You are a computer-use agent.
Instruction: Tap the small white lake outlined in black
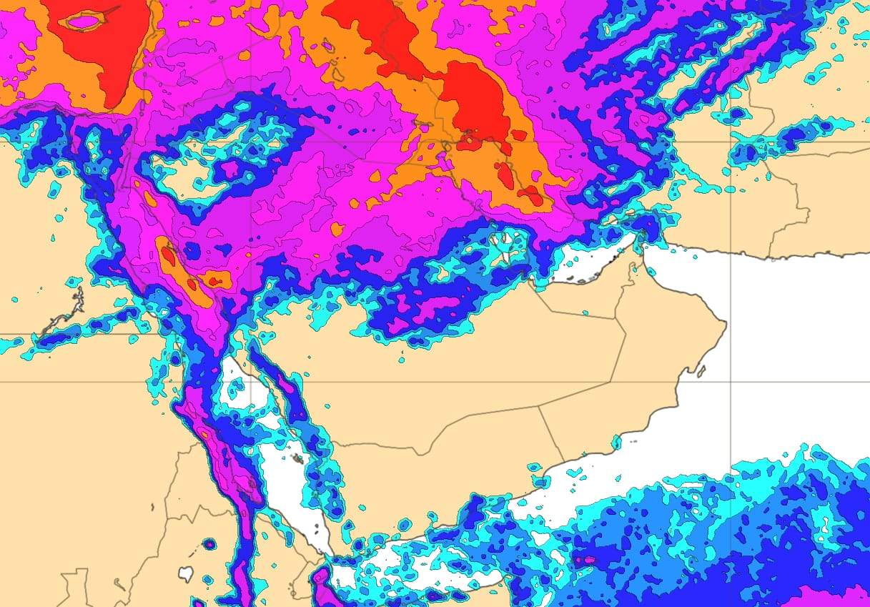[x=186, y=573]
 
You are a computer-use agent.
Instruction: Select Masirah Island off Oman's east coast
[x=701, y=372]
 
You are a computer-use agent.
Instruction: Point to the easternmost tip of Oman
[x=726, y=326]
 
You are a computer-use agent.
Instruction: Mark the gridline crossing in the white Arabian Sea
[x=730, y=382]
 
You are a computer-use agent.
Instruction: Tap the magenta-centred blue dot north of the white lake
[x=209, y=544]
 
